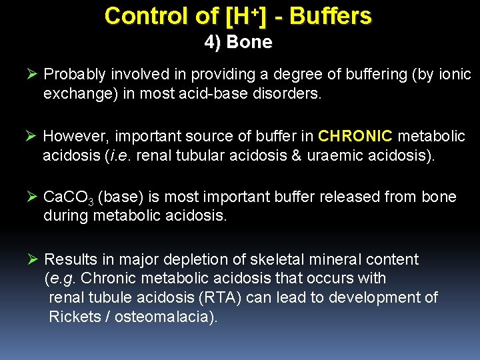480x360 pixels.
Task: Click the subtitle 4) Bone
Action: [x=238, y=42]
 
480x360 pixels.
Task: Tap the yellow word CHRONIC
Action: [x=355, y=137]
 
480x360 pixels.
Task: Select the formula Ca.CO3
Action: [x=69, y=198]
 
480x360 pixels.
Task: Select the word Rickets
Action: [x=73, y=317]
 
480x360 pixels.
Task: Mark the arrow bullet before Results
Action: [x=30, y=259]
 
